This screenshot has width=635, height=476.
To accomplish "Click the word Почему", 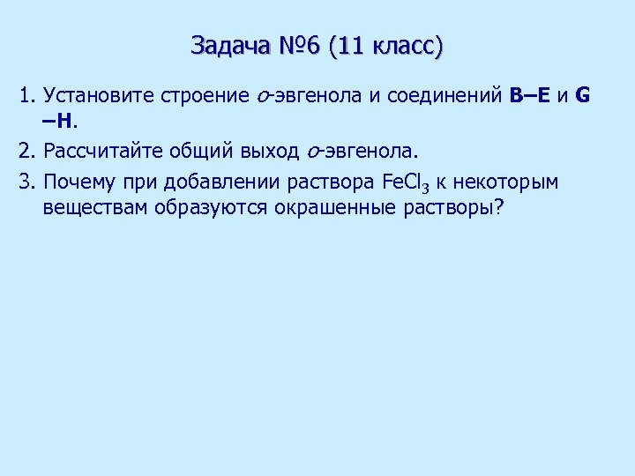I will pos(78,182).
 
